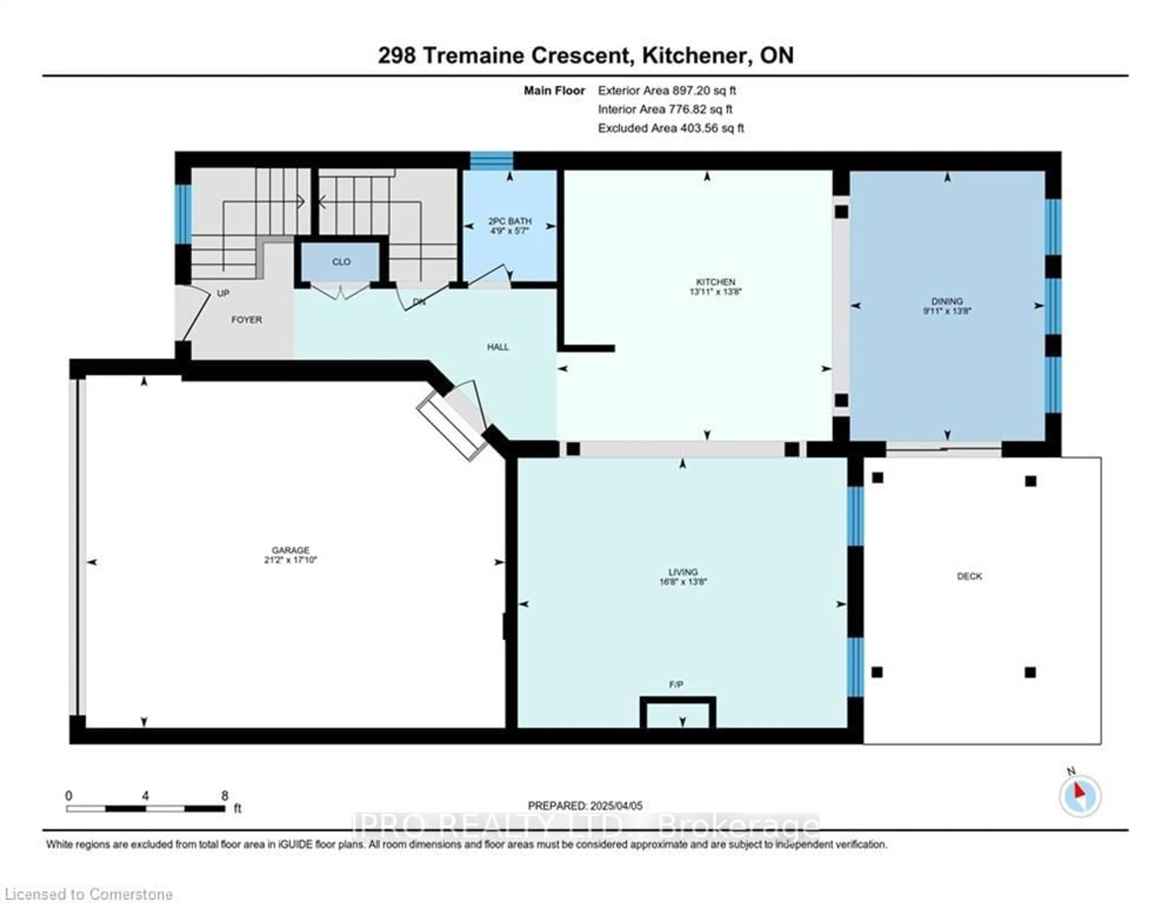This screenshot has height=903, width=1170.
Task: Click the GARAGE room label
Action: tap(290, 550)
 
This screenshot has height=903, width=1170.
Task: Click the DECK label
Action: tap(969, 576)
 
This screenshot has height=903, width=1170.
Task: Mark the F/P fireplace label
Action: tap(676, 685)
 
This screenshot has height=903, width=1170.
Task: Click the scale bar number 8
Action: tap(225, 796)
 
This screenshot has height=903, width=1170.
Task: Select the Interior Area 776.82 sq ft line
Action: tap(665, 109)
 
